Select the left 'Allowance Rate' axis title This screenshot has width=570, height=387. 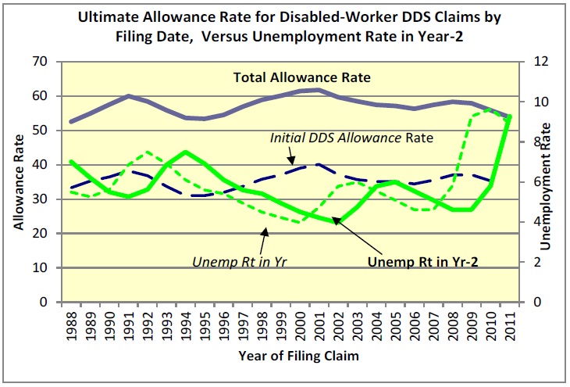(17, 181)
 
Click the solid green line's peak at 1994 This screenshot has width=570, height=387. (185, 152)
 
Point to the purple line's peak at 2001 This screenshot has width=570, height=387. (315, 90)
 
